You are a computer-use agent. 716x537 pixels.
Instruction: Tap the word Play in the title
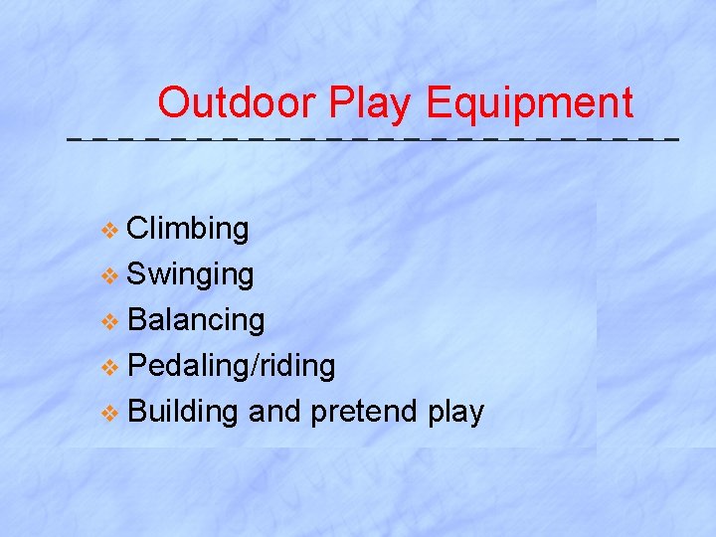tap(372, 103)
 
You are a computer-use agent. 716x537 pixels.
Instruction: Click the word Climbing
tap(188, 230)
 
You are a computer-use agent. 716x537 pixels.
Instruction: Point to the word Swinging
tap(191, 275)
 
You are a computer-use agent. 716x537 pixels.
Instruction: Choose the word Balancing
tap(196, 320)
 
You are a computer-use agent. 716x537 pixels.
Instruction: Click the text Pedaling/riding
tap(232, 366)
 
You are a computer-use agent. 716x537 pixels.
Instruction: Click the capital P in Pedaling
tap(137, 366)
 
